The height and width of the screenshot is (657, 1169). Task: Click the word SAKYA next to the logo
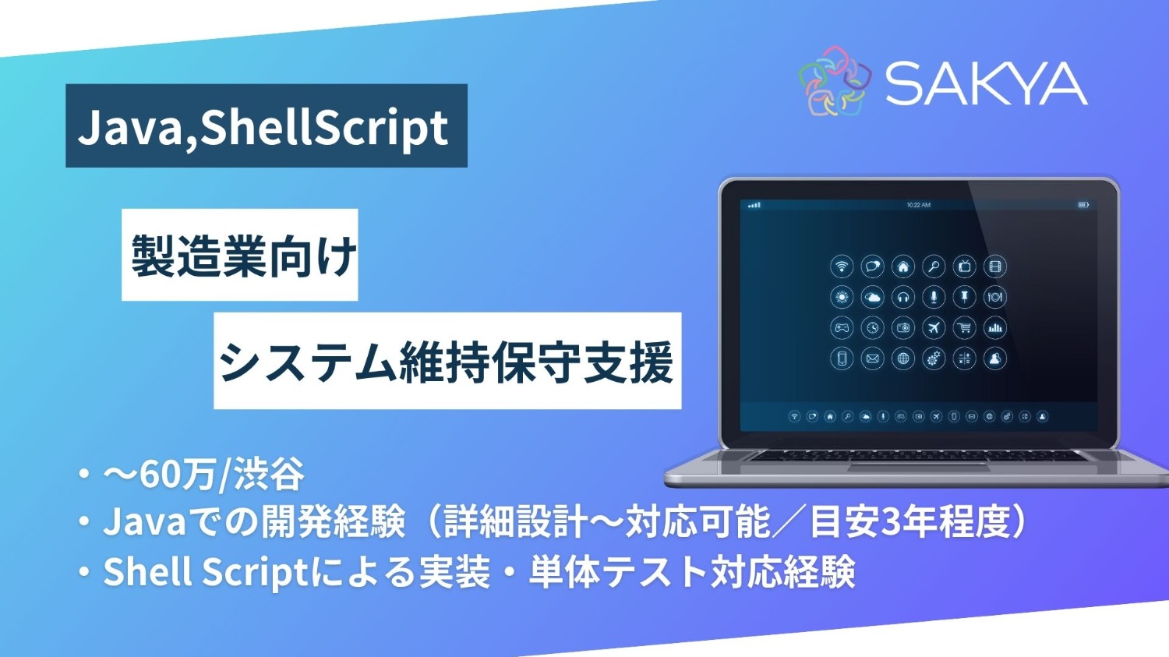[x=986, y=83]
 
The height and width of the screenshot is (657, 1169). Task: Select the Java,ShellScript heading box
[x=266, y=126]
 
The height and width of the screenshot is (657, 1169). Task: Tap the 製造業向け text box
[x=240, y=255]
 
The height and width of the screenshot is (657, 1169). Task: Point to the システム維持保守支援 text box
[x=447, y=362]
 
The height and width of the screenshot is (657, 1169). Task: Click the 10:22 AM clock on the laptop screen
[x=918, y=205]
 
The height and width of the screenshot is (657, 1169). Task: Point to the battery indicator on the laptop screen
[x=1082, y=205]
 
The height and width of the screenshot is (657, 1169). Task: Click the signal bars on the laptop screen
[x=754, y=205]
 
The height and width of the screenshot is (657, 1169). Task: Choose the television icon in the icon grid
[x=964, y=267]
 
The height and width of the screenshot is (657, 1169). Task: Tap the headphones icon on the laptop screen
[x=902, y=297]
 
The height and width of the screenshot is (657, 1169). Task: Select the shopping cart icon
[x=964, y=328]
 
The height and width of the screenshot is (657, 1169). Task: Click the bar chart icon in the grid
[x=994, y=328]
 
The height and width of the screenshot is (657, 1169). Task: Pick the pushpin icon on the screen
[x=964, y=297]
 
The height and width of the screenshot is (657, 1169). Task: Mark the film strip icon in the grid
[x=994, y=267]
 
